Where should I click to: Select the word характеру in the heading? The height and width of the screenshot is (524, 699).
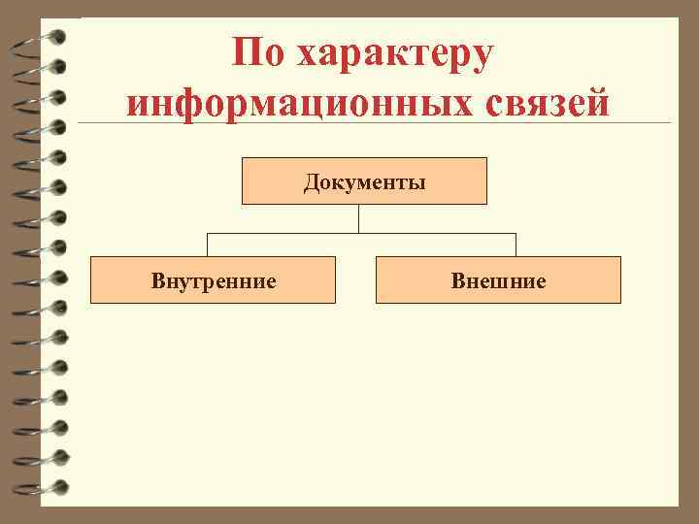pyautogui.click(x=396, y=54)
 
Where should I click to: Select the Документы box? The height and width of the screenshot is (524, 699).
pyautogui.click(x=364, y=180)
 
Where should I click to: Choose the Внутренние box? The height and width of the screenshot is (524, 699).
pyautogui.click(x=213, y=280)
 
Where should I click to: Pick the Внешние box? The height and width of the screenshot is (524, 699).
pyautogui.click(x=498, y=280)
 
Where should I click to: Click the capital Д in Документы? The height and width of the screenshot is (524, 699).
pyautogui.click(x=310, y=181)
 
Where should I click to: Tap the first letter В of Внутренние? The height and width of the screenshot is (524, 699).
pyautogui.click(x=157, y=281)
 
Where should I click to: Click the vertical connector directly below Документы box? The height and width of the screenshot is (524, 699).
pyautogui.click(x=358, y=217)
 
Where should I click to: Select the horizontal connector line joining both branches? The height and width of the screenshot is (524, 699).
pyautogui.click(x=291, y=233)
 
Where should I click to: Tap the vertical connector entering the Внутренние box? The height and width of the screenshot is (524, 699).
pyautogui.click(x=207, y=245)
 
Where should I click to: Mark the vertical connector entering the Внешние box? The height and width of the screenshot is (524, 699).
pyautogui.click(x=516, y=245)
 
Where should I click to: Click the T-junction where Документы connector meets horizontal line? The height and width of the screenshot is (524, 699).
pyautogui.click(x=358, y=233)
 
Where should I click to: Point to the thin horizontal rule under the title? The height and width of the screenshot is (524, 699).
pyautogui.click(x=388, y=123)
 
